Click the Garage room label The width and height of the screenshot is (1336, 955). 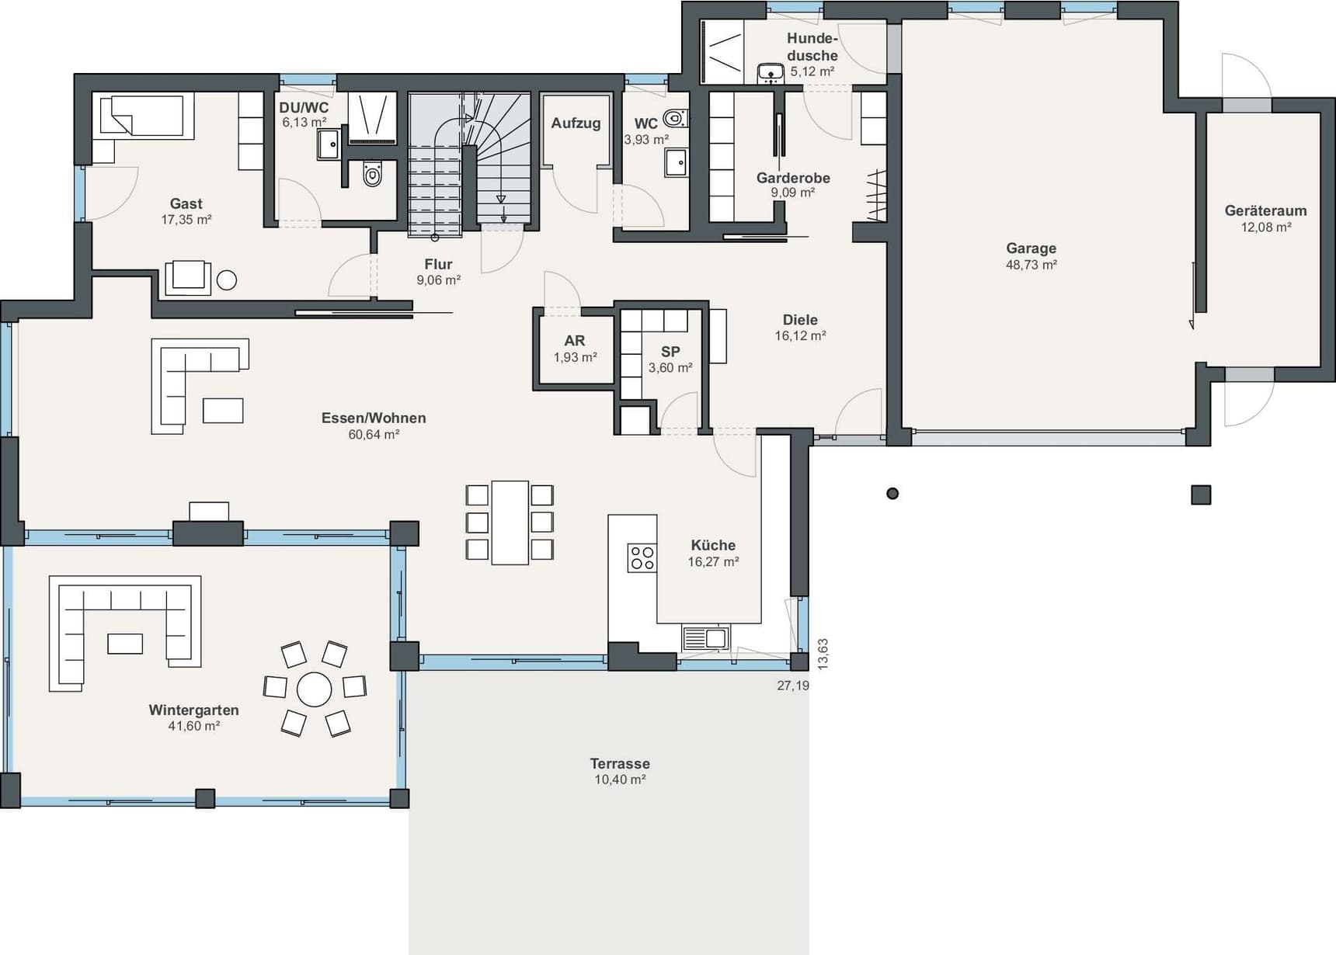click(x=1031, y=248)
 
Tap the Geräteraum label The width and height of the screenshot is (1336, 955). click(x=1265, y=210)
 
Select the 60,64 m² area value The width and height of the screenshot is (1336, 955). click(x=374, y=435)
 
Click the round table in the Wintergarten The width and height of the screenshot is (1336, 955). click(x=315, y=689)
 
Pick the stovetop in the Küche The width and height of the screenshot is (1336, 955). click(x=642, y=557)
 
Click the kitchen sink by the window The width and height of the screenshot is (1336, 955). click(x=706, y=638)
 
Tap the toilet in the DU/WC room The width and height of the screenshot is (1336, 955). click(x=373, y=175)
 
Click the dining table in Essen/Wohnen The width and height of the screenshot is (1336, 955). click(x=510, y=523)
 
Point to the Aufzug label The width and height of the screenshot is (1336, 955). click(x=576, y=123)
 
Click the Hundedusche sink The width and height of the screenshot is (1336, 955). click(x=771, y=73)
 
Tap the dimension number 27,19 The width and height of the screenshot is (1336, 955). click(x=793, y=686)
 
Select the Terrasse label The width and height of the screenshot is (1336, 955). click(x=620, y=763)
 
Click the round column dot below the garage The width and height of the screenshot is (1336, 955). click(x=892, y=493)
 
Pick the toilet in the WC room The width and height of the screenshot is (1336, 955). click(x=675, y=118)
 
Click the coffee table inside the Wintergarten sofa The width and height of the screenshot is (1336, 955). click(x=125, y=644)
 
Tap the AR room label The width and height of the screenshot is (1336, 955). click(x=575, y=341)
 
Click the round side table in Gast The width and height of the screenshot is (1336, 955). click(x=227, y=280)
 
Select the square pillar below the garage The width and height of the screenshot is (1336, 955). click(x=1201, y=495)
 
